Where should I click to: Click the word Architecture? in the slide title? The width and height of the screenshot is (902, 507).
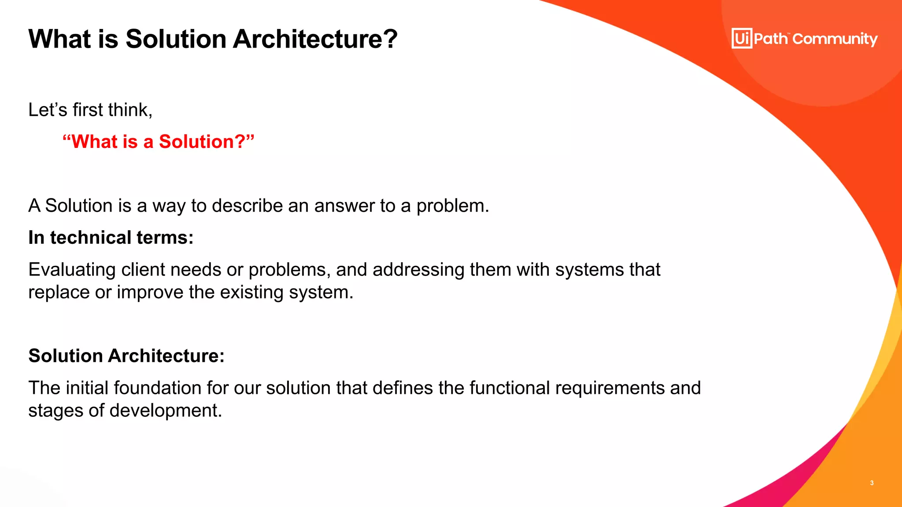click(x=315, y=39)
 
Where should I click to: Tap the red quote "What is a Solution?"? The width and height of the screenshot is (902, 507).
click(x=159, y=142)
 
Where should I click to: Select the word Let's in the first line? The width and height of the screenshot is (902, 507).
click(x=48, y=110)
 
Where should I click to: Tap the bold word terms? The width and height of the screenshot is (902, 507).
click(x=165, y=238)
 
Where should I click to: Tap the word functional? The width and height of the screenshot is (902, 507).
click(x=509, y=388)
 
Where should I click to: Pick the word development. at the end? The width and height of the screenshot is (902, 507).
click(x=166, y=411)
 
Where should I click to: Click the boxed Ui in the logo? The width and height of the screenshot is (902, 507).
click(x=742, y=39)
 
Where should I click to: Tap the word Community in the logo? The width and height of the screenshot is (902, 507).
click(x=835, y=39)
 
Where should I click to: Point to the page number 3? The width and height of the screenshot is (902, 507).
click(x=872, y=483)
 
